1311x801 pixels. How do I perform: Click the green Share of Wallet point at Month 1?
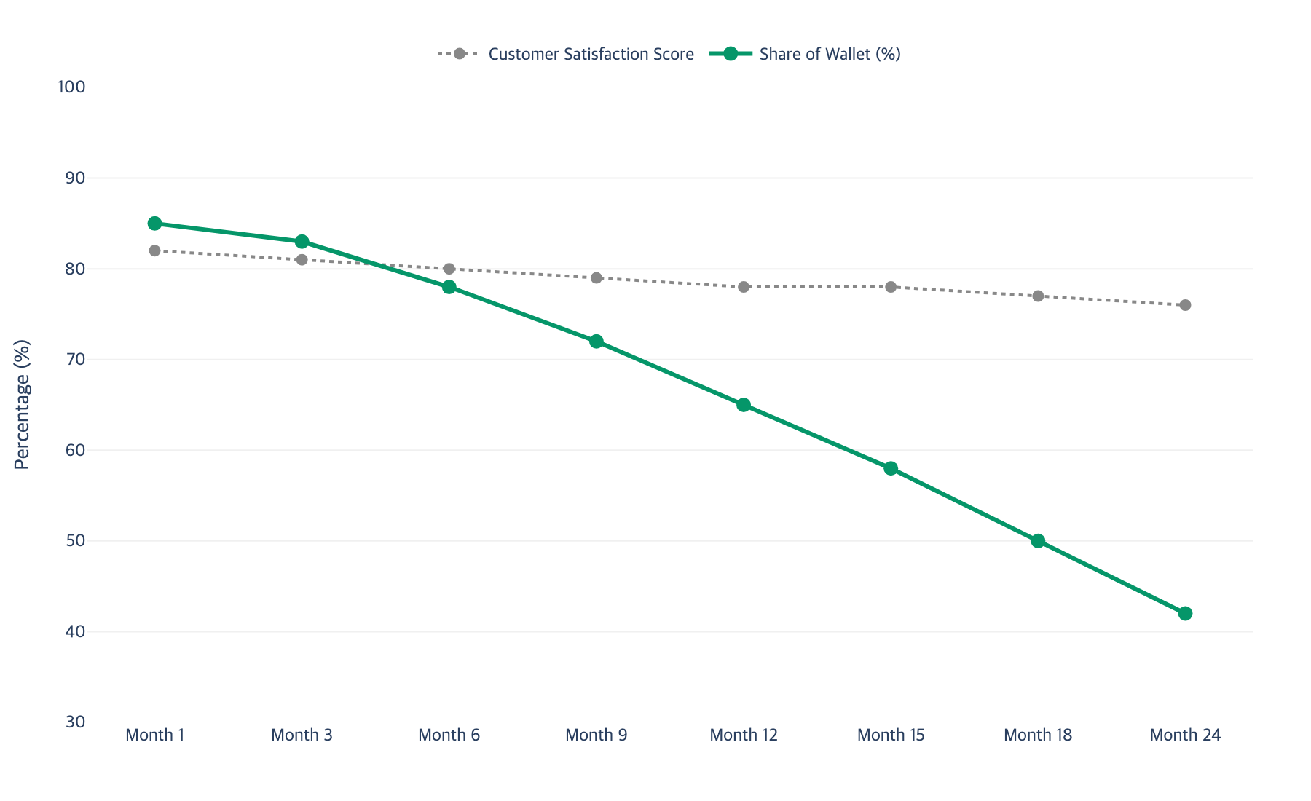[x=154, y=224]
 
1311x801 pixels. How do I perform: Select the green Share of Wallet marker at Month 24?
[x=1185, y=614]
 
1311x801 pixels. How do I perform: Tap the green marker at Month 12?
[x=744, y=405]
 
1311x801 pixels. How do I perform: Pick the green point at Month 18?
[x=1038, y=541]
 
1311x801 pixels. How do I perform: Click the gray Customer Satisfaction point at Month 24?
[x=1185, y=305]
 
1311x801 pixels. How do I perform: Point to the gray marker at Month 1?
[x=154, y=250]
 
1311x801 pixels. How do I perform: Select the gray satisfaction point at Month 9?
[x=597, y=277]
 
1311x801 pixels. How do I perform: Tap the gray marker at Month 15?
[x=891, y=287]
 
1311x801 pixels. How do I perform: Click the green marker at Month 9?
[x=597, y=342]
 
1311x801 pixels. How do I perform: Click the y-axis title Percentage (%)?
[x=23, y=405]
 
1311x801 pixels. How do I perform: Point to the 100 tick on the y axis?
[x=71, y=87]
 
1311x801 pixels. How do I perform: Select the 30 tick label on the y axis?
[x=75, y=722]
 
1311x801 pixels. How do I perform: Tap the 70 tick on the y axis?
[x=75, y=360]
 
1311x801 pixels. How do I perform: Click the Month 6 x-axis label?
[x=449, y=735]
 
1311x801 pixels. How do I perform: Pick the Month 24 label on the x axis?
[x=1185, y=735]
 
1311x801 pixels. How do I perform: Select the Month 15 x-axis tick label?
[x=891, y=735]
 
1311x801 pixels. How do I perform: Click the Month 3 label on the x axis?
[x=302, y=735]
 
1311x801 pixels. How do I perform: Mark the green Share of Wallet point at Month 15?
[x=891, y=468]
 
